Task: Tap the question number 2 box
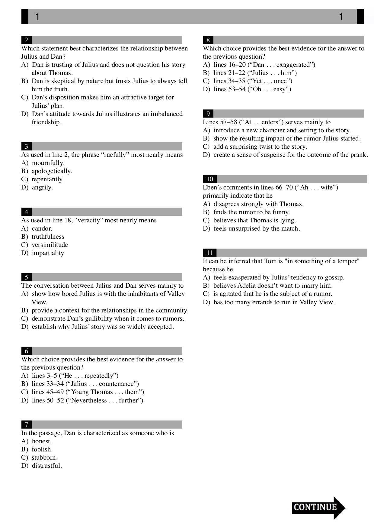point(27,40)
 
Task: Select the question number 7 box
point(27,425)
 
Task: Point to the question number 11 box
point(209,253)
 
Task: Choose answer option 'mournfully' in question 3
point(48,163)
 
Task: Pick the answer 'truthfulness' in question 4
point(48,237)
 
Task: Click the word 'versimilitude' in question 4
point(50,245)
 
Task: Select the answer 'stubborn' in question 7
point(44,457)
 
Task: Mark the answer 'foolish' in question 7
point(42,449)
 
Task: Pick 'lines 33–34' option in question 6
point(85,384)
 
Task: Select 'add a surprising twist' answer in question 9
point(260,147)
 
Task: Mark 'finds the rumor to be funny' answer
point(251,212)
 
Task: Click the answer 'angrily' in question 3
point(42,187)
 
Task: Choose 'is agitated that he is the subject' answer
point(273,294)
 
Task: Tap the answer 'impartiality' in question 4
point(48,253)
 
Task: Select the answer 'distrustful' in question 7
point(46,466)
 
